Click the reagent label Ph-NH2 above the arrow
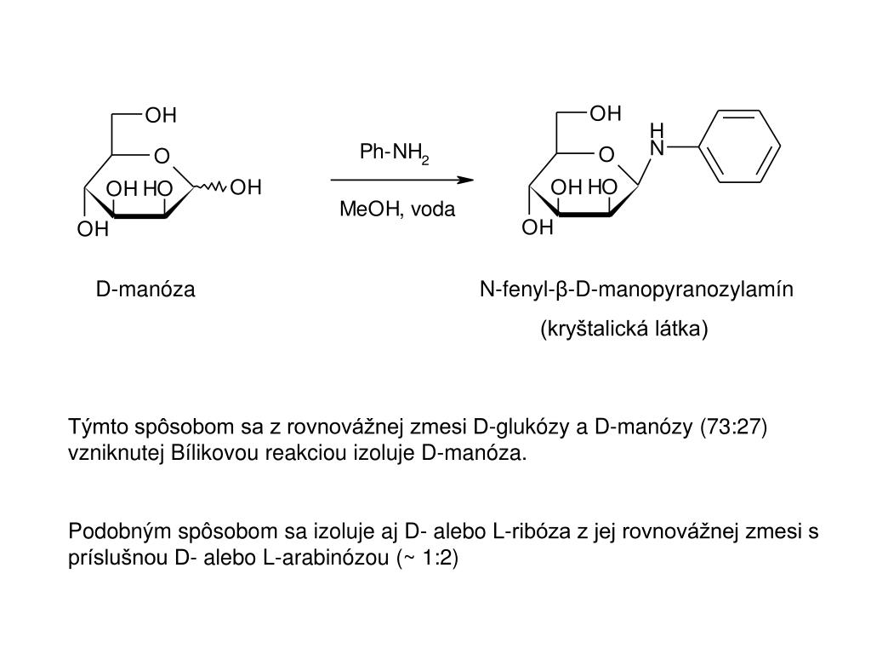[x=394, y=153]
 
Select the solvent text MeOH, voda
[x=397, y=209]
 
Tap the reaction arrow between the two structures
[x=401, y=181]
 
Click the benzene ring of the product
[x=737, y=146]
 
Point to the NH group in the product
[x=656, y=141]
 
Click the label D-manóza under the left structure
[x=145, y=290]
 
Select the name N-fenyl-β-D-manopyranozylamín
[x=636, y=290]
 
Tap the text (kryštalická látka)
[x=623, y=328]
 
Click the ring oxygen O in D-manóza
[x=162, y=156]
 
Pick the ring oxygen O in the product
[x=606, y=155]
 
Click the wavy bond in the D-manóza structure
[x=213, y=186]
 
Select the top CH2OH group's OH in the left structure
[x=161, y=115]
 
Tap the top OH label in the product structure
[x=606, y=114]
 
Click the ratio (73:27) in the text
[x=734, y=427]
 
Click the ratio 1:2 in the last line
[x=436, y=559]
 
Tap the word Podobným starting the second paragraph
[x=120, y=532]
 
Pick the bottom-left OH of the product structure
[x=538, y=227]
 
